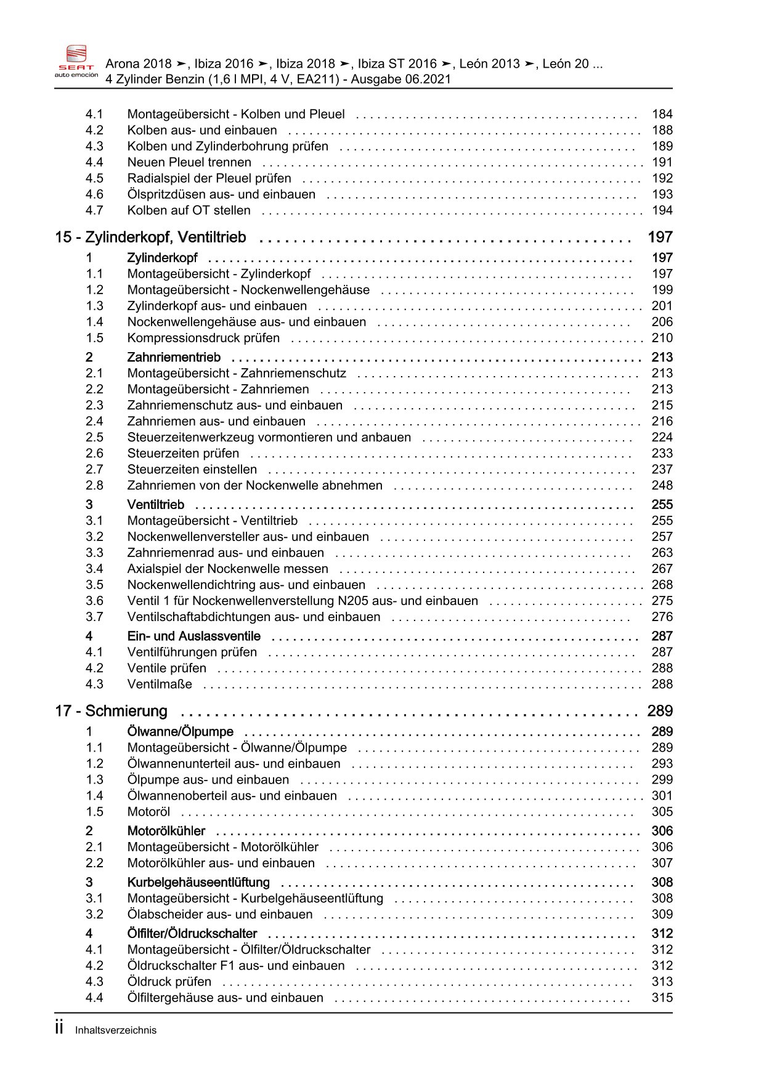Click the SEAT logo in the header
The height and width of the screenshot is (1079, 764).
click(76, 62)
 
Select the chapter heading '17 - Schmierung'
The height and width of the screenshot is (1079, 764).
click(111, 711)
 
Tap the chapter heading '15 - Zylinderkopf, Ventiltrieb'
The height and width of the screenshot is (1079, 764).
click(150, 237)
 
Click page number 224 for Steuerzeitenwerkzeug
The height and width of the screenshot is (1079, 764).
click(662, 437)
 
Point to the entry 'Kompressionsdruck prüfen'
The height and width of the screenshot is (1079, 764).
click(203, 338)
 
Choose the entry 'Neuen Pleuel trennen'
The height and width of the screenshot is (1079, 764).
click(189, 162)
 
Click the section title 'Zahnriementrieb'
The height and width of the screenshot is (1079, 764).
click(174, 357)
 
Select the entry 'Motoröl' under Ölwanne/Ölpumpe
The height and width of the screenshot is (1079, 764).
click(148, 811)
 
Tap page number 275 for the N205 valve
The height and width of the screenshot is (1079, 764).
click(662, 601)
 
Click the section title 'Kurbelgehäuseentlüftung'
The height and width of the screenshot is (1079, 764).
click(198, 882)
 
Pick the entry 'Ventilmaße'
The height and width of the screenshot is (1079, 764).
click(160, 684)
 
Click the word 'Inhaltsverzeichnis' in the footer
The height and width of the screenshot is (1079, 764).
click(116, 1030)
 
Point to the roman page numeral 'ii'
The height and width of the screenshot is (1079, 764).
click(59, 1027)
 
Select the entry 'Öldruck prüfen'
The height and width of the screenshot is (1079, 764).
click(169, 981)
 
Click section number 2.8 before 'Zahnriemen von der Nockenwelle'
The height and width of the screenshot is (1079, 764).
click(94, 485)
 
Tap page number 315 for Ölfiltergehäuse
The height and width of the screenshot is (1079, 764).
click(662, 997)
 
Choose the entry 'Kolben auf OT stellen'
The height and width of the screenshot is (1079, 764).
click(189, 210)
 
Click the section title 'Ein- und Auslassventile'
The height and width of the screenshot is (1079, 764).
click(193, 636)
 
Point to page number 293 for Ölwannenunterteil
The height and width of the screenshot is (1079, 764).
click(662, 763)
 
